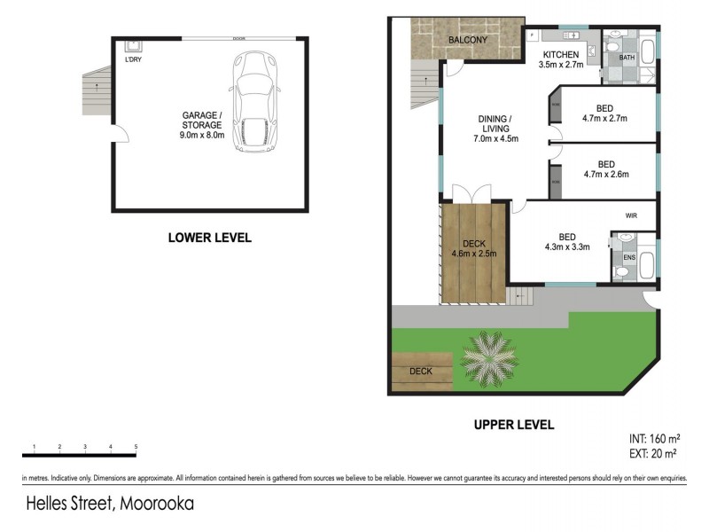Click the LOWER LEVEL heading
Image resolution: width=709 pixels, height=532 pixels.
click(x=210, y=238)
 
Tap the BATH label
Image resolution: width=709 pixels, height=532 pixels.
click(x=627, y=59)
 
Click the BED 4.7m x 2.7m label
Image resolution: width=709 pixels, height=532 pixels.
click(x=604, y=113)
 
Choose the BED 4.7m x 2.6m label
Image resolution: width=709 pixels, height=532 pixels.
click(x=604, y=169)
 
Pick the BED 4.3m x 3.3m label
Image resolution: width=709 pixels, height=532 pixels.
click(x=567, y=242)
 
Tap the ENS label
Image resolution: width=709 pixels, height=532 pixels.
click(x=628, y=258)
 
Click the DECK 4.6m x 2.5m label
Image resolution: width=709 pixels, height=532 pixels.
click(x=475, y=248)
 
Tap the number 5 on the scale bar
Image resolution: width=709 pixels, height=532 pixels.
click(x=136, y=446)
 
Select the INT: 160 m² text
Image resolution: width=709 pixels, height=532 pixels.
click(x=655, y=438)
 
